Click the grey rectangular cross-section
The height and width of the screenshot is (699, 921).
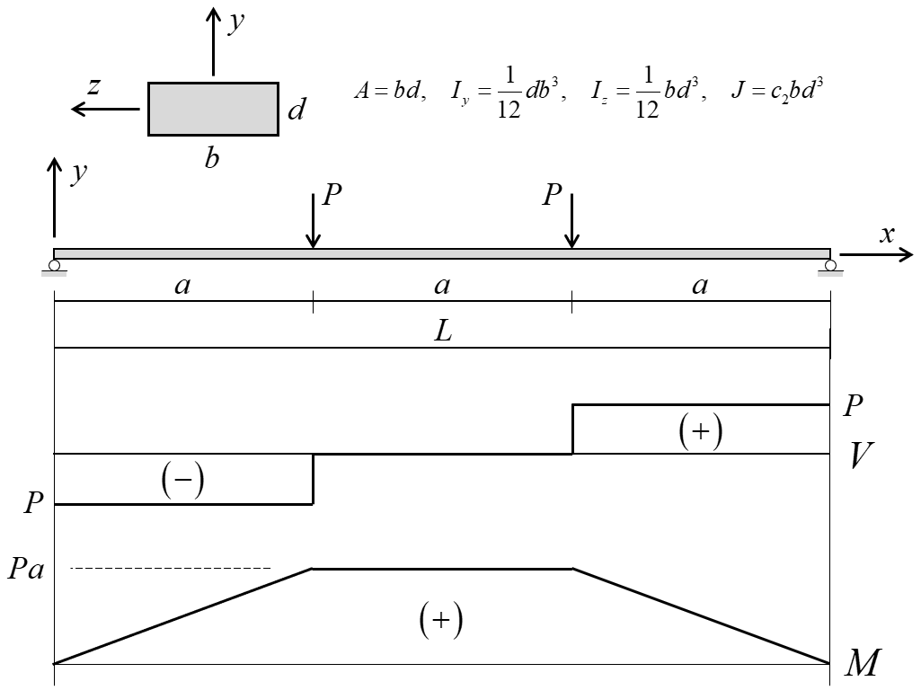click(x=213, y=109)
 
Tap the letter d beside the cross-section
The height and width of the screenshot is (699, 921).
click(x=297, y=111)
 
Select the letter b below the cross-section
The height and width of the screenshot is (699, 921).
click(x=213, y=159)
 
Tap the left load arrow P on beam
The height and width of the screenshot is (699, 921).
click(x=313, y=220)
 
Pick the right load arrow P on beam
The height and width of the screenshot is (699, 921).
click(x=571, y=220)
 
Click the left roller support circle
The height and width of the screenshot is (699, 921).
click(x=55, y=265)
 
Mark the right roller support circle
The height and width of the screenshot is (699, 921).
click(x=830, y=265)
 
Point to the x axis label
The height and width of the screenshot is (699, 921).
click(x=888, y=234)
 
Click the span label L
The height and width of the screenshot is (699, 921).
click(x=442, y=331)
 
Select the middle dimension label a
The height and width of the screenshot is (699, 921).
click(x=441, y=286)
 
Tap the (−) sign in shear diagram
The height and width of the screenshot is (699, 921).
click(x=182, y=482)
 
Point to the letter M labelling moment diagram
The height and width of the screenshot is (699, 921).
click(x=864, y=664)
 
